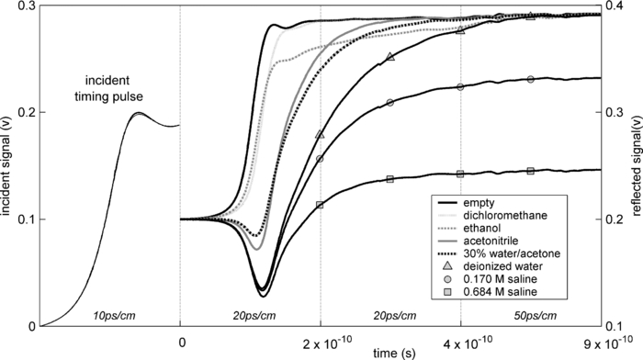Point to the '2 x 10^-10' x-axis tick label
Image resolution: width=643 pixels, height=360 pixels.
click(x=321, y=343)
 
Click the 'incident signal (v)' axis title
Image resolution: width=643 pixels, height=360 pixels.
click(x=7, y=165)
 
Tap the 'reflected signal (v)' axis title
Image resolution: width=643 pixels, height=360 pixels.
click(x=635, y=165)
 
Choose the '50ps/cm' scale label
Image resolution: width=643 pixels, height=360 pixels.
click(x=529, y=315)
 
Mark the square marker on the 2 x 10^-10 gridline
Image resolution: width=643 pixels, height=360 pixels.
click(x=320, y=205)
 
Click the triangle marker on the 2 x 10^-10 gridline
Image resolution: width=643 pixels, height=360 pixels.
click(x=320, y=134)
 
